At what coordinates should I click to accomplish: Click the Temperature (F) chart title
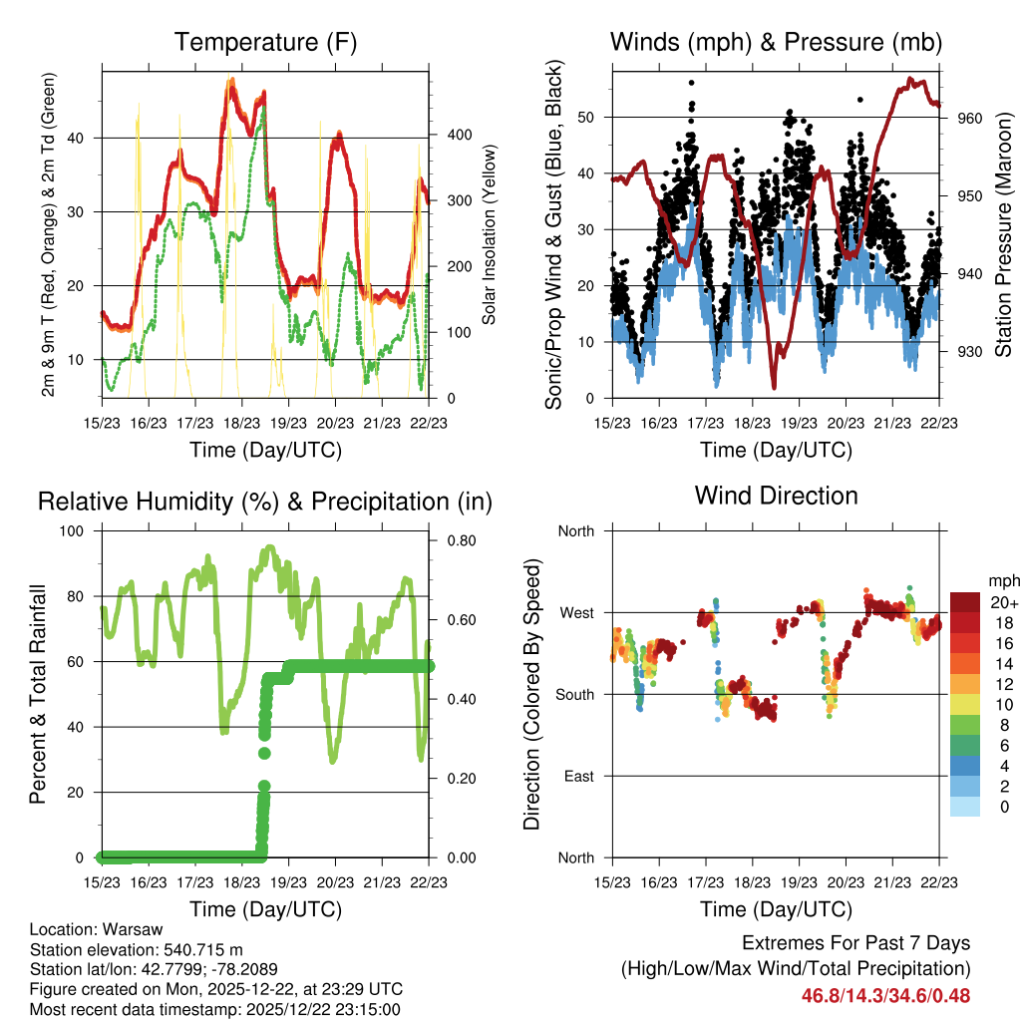pyautogui.click(x=265, y=43)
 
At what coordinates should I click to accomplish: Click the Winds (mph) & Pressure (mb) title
pyautogui.click(x=776, y=43)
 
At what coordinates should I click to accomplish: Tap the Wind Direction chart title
pyautogui.click(x=776, y=496)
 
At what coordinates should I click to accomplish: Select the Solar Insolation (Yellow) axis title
pyautogui.click(x=490, y=231)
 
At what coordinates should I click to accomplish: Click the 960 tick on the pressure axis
pyautogui.click(x=971, y=118)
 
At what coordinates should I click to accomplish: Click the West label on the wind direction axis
pyautogui.click(x=576, y=612)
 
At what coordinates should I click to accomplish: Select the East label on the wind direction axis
pyautogui.click(x=577, y=776)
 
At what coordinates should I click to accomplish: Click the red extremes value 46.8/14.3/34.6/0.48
pyautogui.click(x=885, y=995)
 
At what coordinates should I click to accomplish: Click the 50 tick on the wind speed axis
pyautogui.click(x=586, y=117)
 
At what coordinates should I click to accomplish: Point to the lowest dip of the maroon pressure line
pyautogui.click(x=773, y=387)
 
